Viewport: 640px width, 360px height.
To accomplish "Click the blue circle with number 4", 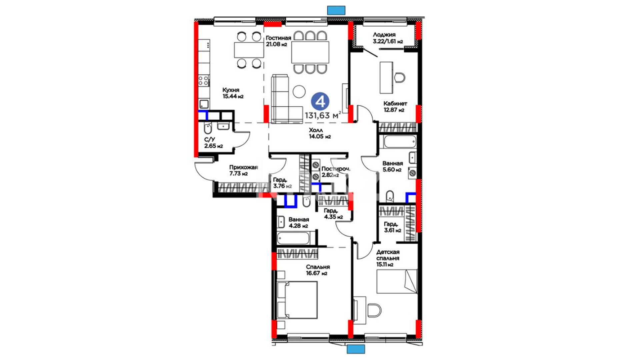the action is [320, 101].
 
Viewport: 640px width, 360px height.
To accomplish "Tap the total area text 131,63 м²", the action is [323, 115].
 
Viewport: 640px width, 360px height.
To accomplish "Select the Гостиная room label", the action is [278, 38].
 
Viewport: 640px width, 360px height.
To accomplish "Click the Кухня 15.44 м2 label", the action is [233, 93].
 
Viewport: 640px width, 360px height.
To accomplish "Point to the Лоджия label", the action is [384, 34].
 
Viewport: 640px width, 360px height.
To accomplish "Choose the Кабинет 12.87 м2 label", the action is [395, 107].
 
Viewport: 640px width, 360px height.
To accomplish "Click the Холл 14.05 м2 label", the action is [320, 133].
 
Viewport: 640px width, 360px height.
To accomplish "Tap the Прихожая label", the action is [243, 167].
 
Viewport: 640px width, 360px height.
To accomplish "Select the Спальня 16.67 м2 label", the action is [318, 270].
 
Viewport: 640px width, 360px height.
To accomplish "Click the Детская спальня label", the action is [388, 255].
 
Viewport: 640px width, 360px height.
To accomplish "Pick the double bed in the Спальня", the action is [297, 300].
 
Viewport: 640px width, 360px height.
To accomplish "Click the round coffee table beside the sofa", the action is [299, 92].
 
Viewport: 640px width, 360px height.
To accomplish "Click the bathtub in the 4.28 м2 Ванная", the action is [293, 238].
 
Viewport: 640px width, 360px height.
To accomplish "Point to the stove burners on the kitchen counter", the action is [204, 80].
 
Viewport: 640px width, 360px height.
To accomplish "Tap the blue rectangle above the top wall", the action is [336, 10].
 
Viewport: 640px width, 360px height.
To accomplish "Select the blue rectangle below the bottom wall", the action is [356, 349].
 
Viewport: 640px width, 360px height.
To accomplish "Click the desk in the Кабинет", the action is [386, 78].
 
